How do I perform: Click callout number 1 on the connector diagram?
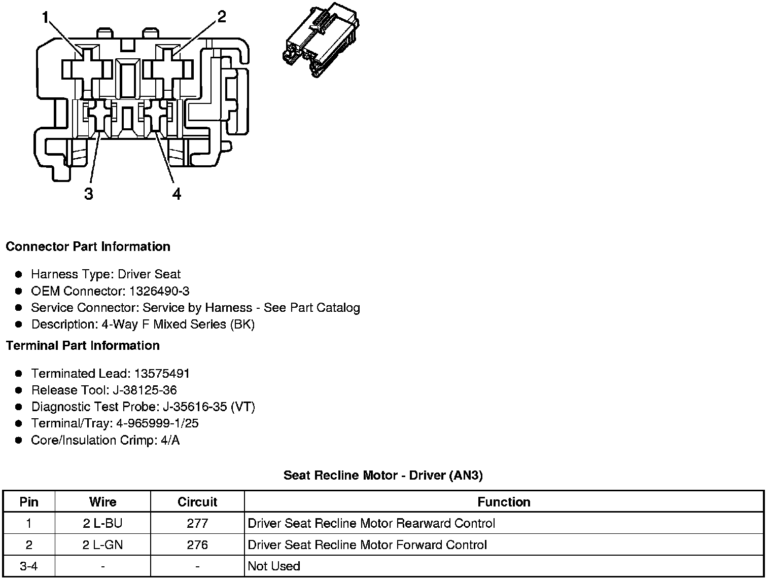(x=46, y=18)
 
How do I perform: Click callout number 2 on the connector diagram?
(x=221, y=17)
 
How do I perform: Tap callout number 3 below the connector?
(x=89, y=194)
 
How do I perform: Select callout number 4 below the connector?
(x=176, y=194)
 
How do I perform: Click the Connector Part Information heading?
(x=88, y=247)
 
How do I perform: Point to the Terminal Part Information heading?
(x=83, y=346)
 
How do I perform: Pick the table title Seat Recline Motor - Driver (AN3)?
(x=383, y=476)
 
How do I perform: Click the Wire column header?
(x=102, y=502)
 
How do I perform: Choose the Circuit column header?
(x=197, y=502)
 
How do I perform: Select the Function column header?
(x=504, y=502)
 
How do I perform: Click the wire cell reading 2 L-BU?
(x=102, y=523)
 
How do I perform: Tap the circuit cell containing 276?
(x=197, y=545)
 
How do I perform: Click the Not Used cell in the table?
(x=274, y=566)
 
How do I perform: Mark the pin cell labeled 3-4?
(x=29, y=566)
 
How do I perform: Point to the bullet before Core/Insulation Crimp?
(x=19, y=440)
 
